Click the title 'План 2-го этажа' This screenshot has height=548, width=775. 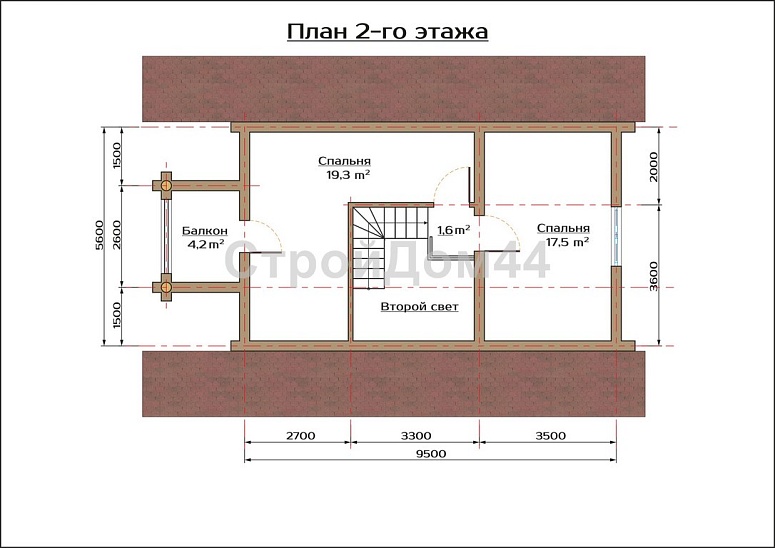tap(388, 32)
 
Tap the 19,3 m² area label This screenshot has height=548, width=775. tap(348, 175)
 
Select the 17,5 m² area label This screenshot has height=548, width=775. tap(567, 242)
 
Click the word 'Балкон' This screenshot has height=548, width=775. tap(205, 231)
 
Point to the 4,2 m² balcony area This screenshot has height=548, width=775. tap(206, 244)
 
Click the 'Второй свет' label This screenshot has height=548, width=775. tap(420, 307)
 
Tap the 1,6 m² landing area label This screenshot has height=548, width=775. tap(453, 230)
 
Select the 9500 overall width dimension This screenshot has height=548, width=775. tap(431, 454)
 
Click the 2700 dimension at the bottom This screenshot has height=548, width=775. tap(300, 436)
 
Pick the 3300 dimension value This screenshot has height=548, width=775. tap(416, 436)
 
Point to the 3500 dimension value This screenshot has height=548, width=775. tap(550, 436)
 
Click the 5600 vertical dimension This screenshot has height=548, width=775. tap(100, 235)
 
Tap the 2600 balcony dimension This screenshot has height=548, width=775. tap(116, 235)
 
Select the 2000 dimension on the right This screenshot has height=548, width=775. tap(654, 167)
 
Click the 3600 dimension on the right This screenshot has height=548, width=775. tap(654, 276)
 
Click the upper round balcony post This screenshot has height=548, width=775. tap(167, 186)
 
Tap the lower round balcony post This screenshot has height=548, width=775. tap(167, 287)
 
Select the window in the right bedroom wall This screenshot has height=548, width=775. tap(616, 236)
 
